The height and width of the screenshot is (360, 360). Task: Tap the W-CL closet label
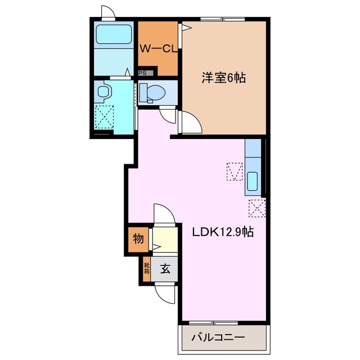[x=158, y=49]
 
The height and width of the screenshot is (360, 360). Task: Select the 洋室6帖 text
[x=224, y=77]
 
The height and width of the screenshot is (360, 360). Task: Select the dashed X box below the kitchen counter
[x=256, y=208]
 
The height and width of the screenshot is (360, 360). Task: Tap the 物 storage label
[x=138, y=239]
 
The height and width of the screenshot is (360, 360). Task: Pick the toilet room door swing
[x=167, y=114]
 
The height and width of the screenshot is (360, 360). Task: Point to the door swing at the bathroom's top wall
[x=107, y=12]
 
